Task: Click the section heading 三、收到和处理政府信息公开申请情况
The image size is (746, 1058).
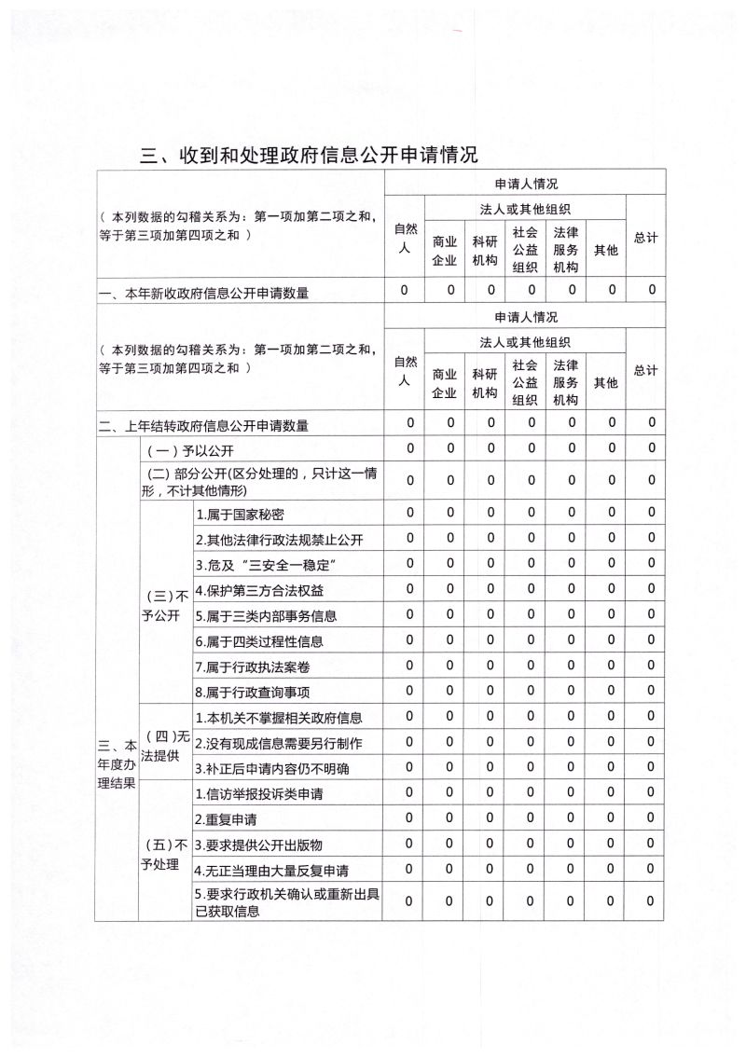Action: (x=309, y=155)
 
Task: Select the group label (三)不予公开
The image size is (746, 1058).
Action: (x=164, y=604)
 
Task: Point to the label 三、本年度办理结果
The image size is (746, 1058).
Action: (x=117, y=763)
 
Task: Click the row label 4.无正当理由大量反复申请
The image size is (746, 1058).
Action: (x=271, y=871)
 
